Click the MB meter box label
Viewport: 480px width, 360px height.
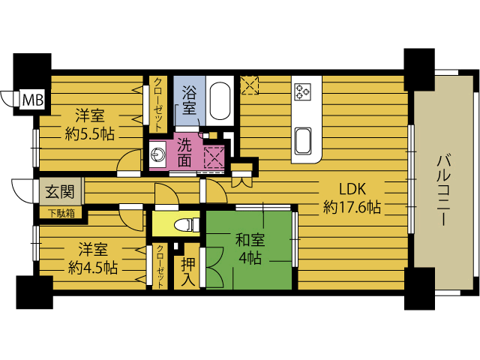33,100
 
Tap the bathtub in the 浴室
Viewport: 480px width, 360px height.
220,100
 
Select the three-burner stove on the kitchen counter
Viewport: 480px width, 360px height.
302,91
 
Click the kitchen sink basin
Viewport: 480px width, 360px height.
303,141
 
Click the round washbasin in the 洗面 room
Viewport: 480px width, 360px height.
157,154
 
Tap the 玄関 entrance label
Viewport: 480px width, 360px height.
60,192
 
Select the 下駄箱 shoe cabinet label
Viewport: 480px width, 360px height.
62,213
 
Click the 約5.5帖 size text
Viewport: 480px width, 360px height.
90,134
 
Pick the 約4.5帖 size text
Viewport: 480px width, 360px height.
93,268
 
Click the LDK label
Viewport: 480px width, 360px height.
352,189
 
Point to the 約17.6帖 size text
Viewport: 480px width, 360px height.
352,208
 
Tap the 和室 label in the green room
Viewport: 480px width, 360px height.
250,240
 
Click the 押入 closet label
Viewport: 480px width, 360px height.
188,271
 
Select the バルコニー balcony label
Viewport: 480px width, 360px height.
445,190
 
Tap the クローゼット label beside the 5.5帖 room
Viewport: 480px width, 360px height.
158,105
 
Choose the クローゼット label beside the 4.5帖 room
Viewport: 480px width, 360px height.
160,266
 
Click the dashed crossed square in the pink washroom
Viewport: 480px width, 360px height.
214,157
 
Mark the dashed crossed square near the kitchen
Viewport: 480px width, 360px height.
250,85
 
